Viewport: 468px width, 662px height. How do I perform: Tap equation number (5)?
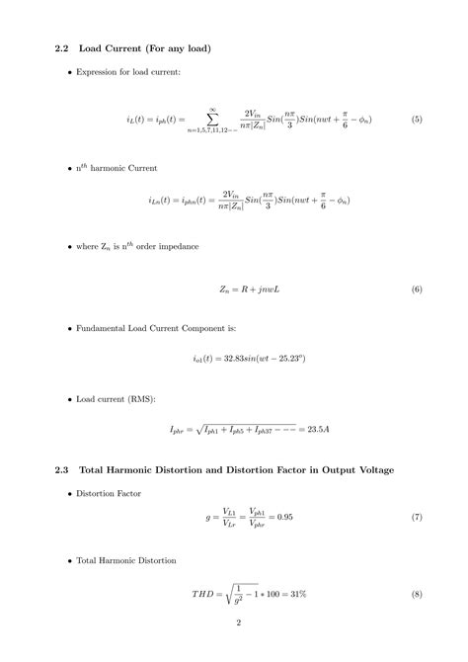tap(417, 120)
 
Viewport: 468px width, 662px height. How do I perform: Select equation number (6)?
tap(417, 290)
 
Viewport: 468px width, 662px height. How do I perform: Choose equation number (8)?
tap(417, 594)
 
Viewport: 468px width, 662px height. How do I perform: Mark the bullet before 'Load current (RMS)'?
tap(69, 400)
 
